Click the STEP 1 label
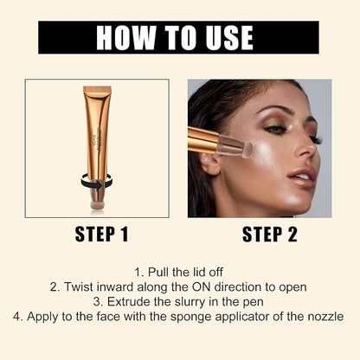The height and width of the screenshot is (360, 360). coord(101,234)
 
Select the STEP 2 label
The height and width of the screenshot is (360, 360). coord(270,234)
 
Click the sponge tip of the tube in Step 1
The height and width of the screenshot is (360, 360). coord(97,205)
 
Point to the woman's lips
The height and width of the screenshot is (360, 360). coord(302,176)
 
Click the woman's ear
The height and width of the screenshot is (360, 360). coord(210,164)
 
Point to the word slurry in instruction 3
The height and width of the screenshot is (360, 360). coord(189,302)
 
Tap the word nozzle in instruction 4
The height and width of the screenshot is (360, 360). coord(325,317)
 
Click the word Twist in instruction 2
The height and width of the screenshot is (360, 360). coord(79,287)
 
